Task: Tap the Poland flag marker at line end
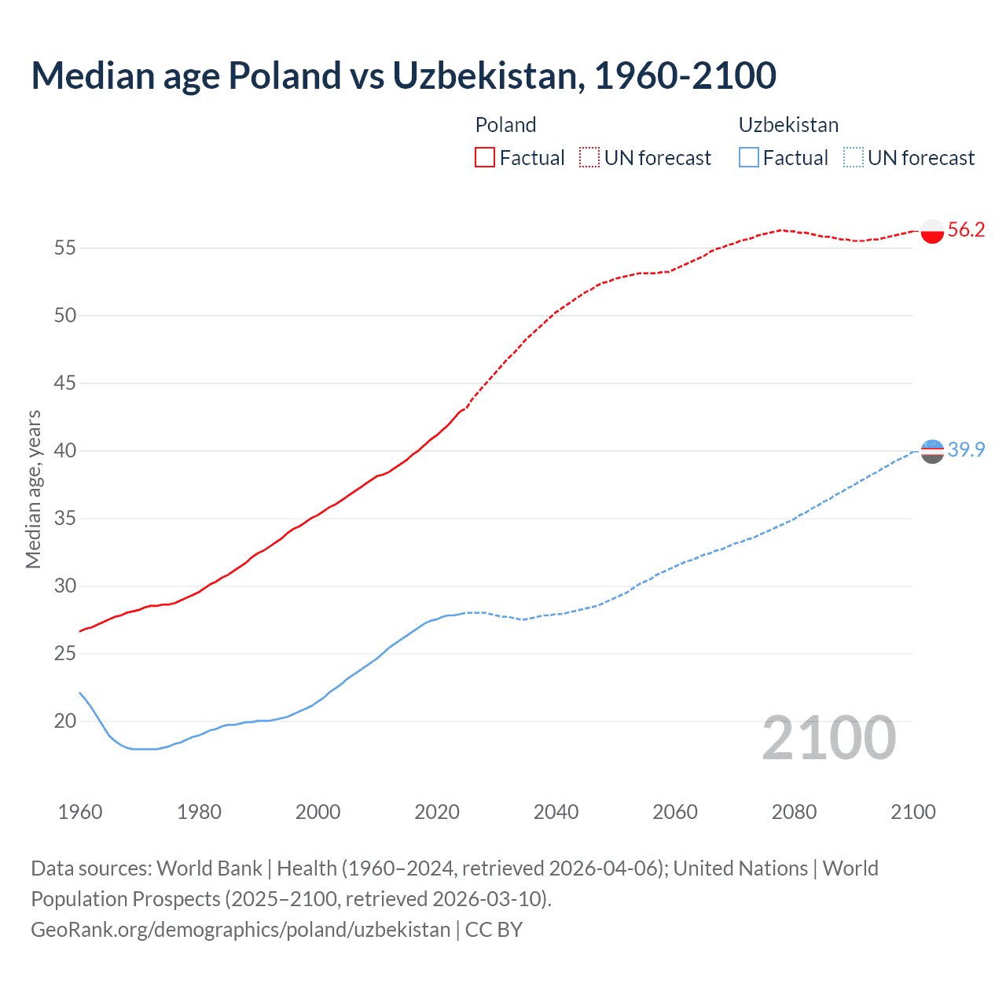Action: coord(932,231)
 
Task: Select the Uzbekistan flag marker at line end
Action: coord(932,451)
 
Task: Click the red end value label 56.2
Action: coord(966,229)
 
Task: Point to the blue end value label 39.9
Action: coord(966,450)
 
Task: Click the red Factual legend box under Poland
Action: coord(485,157)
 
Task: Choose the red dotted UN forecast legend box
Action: coord(589,157)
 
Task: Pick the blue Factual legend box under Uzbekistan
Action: coord(749,157)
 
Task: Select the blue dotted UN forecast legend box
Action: coord(853,157)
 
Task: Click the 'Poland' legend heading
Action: coord(505,125)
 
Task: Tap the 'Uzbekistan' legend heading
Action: coord(788,125)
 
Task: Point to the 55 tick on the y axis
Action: coord(64,248)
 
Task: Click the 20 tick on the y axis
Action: coord(64,721)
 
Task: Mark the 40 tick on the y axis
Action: coord(64,451)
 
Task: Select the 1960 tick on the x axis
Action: coord(80,812)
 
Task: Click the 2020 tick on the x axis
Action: coord(437,812)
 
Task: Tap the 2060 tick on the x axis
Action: coord(675,812)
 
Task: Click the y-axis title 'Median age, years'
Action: coord(33,489)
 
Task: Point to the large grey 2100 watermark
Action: coord(829,737)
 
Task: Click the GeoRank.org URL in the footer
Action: coord(240,930)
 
